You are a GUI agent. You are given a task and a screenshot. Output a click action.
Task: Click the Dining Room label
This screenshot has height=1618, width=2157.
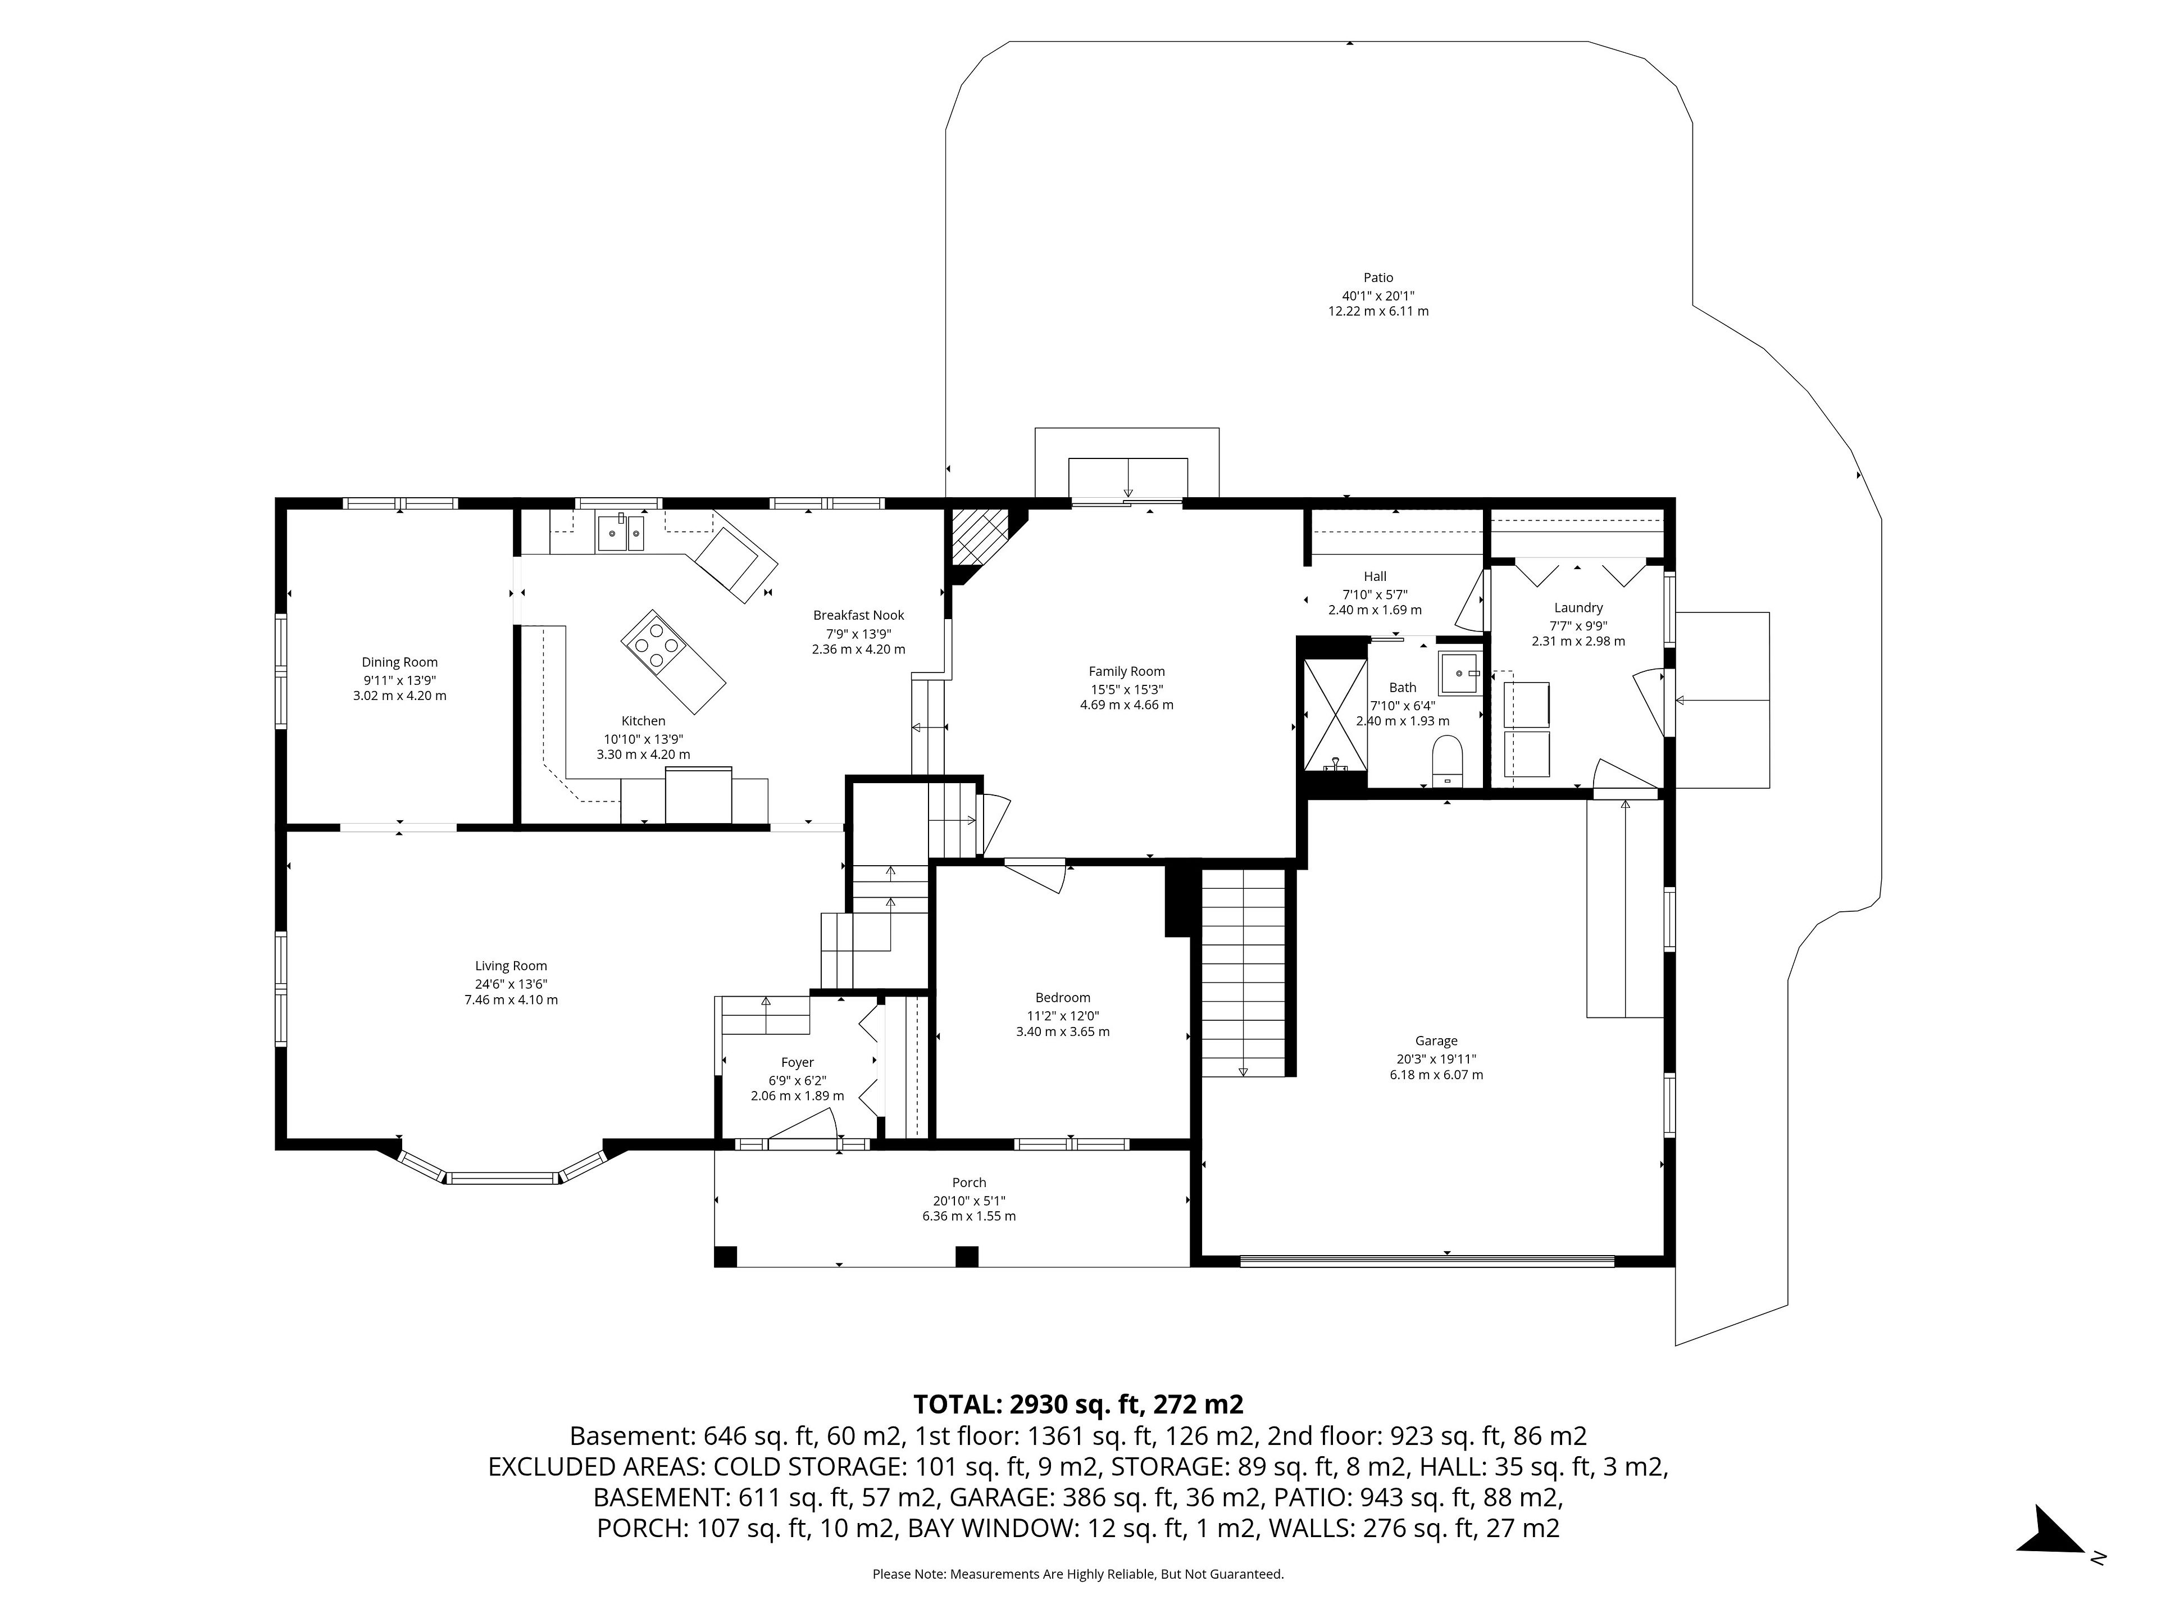pyautogui.click(x=400, y=662)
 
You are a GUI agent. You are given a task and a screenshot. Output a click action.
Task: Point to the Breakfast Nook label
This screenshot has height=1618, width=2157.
pyautogui.click(x=858, y=615)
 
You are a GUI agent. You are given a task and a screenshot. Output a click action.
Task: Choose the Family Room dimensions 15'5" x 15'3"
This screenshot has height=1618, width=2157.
pyautogui.click(x=1126, y=689)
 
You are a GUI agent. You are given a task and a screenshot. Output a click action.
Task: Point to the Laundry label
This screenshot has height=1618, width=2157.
pyautogui.click(x=1578, y=608)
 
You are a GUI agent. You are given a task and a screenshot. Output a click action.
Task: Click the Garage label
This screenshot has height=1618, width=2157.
pyautogui.click(x=1436, y=1040)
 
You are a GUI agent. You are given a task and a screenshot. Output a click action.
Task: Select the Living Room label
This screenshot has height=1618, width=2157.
pyautogui.click(x=511, y=966)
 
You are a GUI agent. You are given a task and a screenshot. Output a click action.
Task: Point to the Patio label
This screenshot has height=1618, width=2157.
pyautogui.click(x=1378, y=278)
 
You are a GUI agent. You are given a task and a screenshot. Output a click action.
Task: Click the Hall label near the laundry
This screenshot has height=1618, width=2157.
pyautogui.click(x=1375, y=576)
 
